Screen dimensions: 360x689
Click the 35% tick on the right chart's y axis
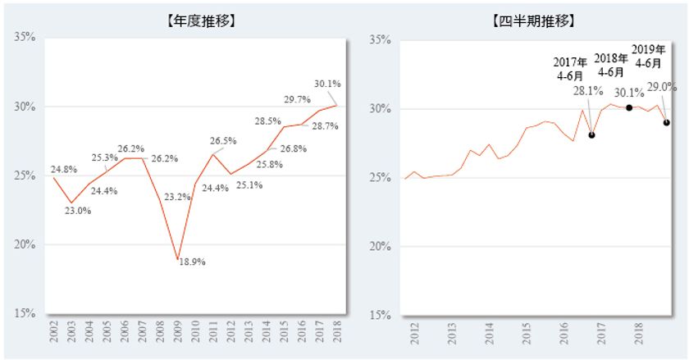click(x=382, y=39)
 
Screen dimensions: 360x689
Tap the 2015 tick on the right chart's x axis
click(x=526, y=335)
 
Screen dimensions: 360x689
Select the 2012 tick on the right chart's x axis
click(x=414, y=335)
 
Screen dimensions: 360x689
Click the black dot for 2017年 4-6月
click(x=591, y=135)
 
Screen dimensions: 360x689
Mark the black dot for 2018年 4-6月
click(x=629, y=107)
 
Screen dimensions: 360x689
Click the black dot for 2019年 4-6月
click(x=666, y=123)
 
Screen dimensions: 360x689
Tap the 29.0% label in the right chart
click(x=662, y=86)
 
